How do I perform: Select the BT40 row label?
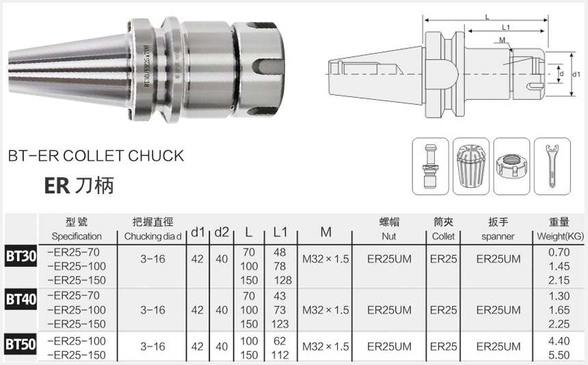(x=21, y=299)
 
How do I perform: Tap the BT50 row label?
(x=21, y=344)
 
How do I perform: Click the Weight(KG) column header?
(x=560, y=236)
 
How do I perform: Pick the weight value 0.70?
(x=559, y=252)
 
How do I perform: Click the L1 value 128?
(x=282, y=280)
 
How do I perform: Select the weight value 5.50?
(x=559, y=355)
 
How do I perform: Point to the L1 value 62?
(x=280, y=341)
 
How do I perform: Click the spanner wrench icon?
(x=552, y=166)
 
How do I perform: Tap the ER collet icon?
(x=471, y=167)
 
